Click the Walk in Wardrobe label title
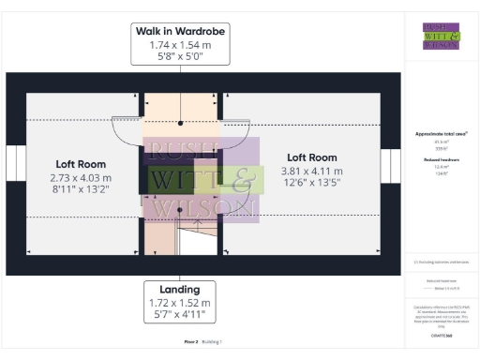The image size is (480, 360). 181,31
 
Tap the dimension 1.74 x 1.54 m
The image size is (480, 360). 181,44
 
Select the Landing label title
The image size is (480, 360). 180,291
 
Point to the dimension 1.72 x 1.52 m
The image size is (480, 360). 180,304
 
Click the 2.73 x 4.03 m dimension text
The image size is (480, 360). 81,177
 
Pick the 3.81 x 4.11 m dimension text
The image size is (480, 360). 312,171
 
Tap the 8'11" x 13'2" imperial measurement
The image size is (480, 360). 81,190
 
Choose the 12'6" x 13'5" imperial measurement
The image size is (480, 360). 312,184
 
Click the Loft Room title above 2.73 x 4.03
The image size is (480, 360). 81,163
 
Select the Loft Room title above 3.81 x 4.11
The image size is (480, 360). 312,157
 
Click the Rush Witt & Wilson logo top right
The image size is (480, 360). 441,36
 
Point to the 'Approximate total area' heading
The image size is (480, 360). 441,134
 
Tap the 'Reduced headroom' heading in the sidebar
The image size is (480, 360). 441,160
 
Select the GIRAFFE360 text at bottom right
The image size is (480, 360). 441,333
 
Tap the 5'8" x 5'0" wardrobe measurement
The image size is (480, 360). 181,57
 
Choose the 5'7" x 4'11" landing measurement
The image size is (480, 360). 180,317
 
